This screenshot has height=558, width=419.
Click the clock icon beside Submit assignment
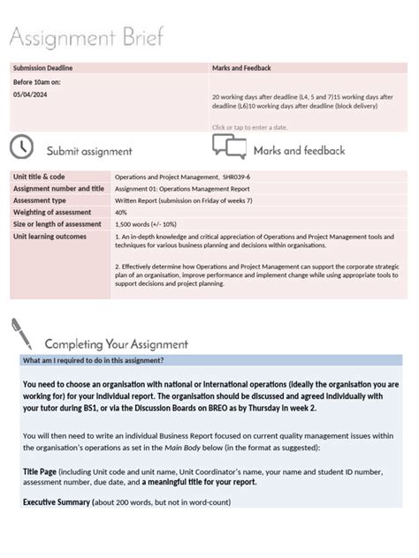tap(22, 147)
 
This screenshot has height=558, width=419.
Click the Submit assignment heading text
tap(89, 151)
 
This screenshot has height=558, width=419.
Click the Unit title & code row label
tap(39, 177)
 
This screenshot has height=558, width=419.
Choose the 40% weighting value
tap(121, 213)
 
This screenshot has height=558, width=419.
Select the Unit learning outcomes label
tap(50, 236)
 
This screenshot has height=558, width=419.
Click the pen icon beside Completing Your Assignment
tap(22, 336)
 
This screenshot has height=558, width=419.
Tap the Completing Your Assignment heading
tap(116, 344)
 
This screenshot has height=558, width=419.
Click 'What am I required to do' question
tap(93, 360)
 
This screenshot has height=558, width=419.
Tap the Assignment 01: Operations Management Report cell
tap(182, 189)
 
